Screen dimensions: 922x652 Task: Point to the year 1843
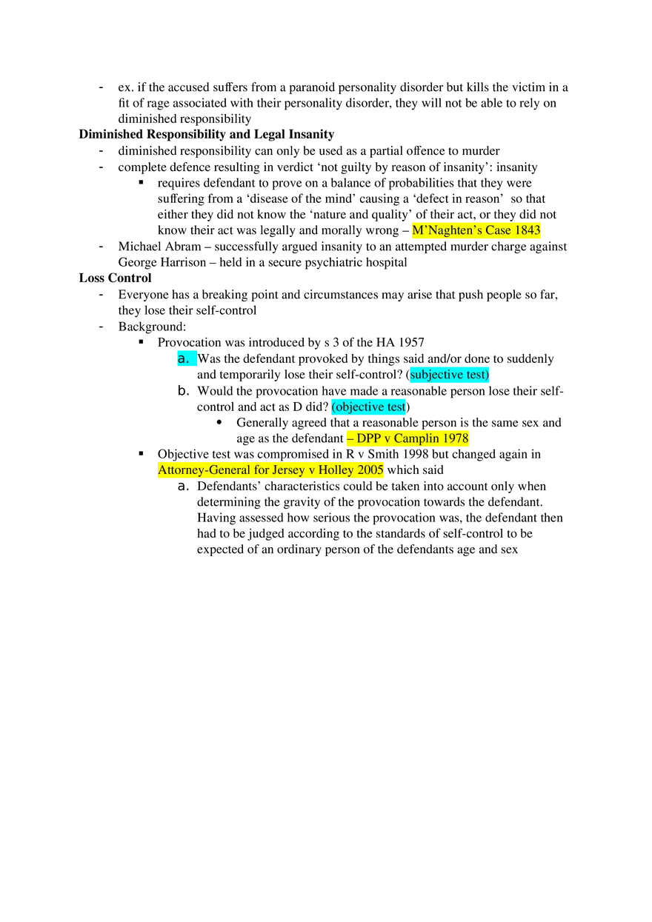[x=528, y=231]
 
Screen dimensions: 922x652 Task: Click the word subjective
[x=438, y=375]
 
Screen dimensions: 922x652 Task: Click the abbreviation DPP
[x=368, y=438]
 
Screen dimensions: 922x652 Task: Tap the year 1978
[x=456, y=438]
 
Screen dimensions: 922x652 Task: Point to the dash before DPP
[x=350, y=438]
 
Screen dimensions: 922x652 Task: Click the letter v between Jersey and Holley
[x=312, y=470]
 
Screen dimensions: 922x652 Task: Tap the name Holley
[x=336, y=470]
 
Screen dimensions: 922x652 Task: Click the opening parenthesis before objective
[x=333, y=407]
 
